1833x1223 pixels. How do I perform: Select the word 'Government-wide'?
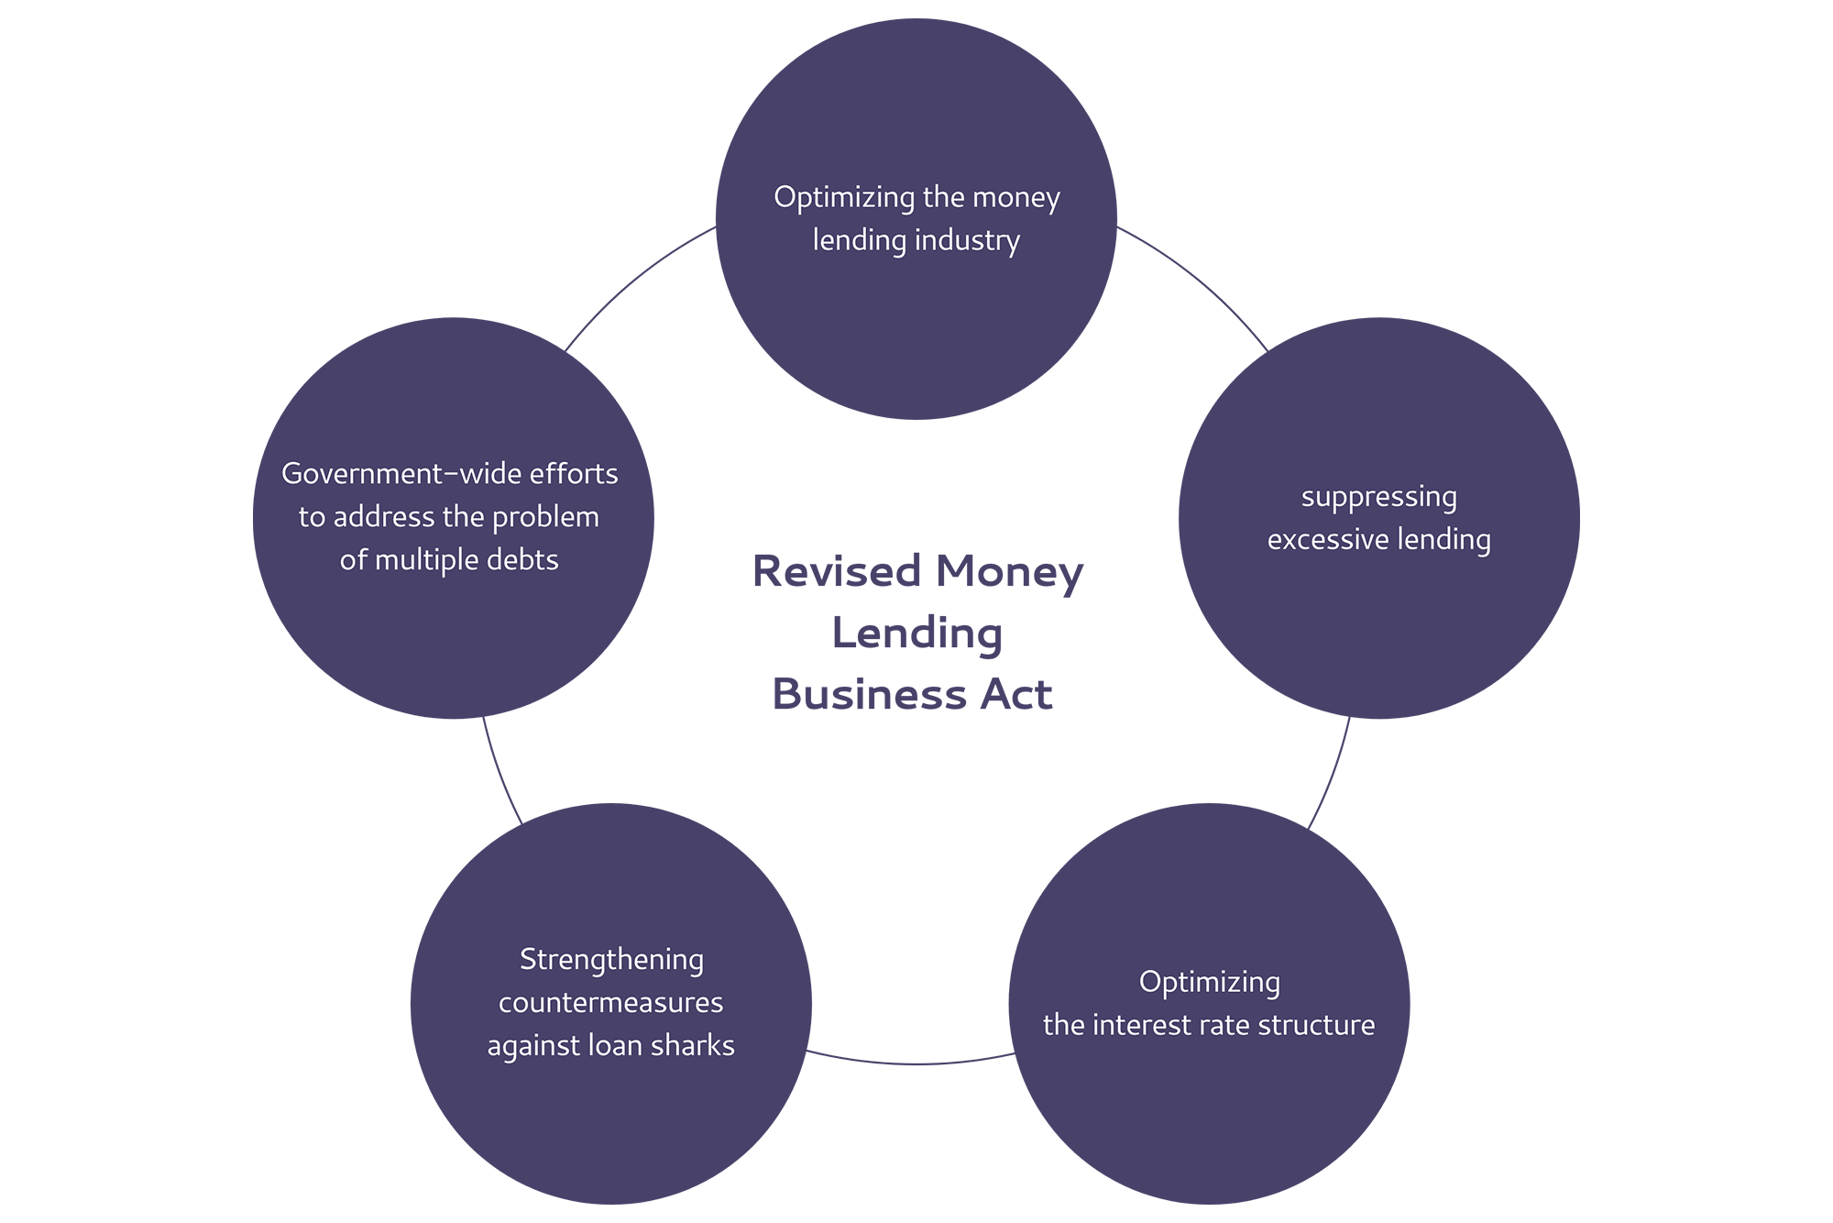point(390,474)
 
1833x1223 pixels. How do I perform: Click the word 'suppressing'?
point(1378,498)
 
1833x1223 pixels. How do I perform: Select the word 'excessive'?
point(1328,540)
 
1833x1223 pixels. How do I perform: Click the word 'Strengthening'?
point(611,960)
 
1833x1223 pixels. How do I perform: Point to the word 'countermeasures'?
point(610,1003)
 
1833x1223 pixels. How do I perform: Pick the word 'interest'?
point(1147,1025)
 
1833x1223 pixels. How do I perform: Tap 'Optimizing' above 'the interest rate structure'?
point(1209,983)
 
